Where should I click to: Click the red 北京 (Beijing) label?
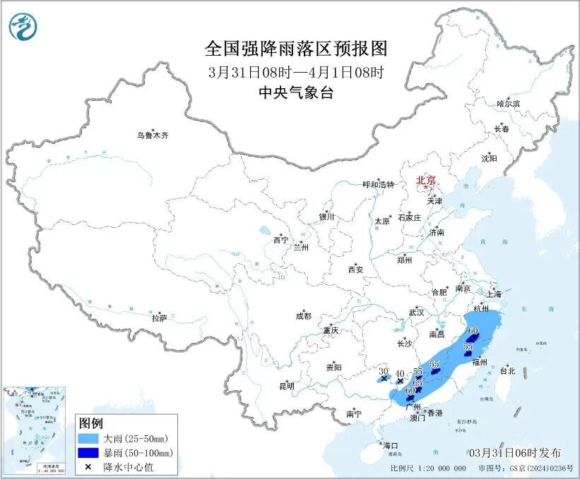coord(426,180)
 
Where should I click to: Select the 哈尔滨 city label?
coord(507,104)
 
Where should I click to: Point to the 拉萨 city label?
coord(159,318)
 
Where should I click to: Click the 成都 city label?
coord(302,317)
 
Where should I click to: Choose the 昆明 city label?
coord(286,385)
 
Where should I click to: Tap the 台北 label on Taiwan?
coord(507,370)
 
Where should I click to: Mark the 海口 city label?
coord(390,445)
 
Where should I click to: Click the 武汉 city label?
coord(416,312)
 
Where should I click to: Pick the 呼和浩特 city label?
coord(378,184)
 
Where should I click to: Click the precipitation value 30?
coord(384,371)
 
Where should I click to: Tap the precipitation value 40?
coord(400,374)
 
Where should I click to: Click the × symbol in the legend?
coord(86,466)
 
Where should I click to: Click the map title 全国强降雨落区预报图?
coord(296,49)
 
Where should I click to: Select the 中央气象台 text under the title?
coord(296,92)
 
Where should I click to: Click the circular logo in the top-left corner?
coord(23,27)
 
